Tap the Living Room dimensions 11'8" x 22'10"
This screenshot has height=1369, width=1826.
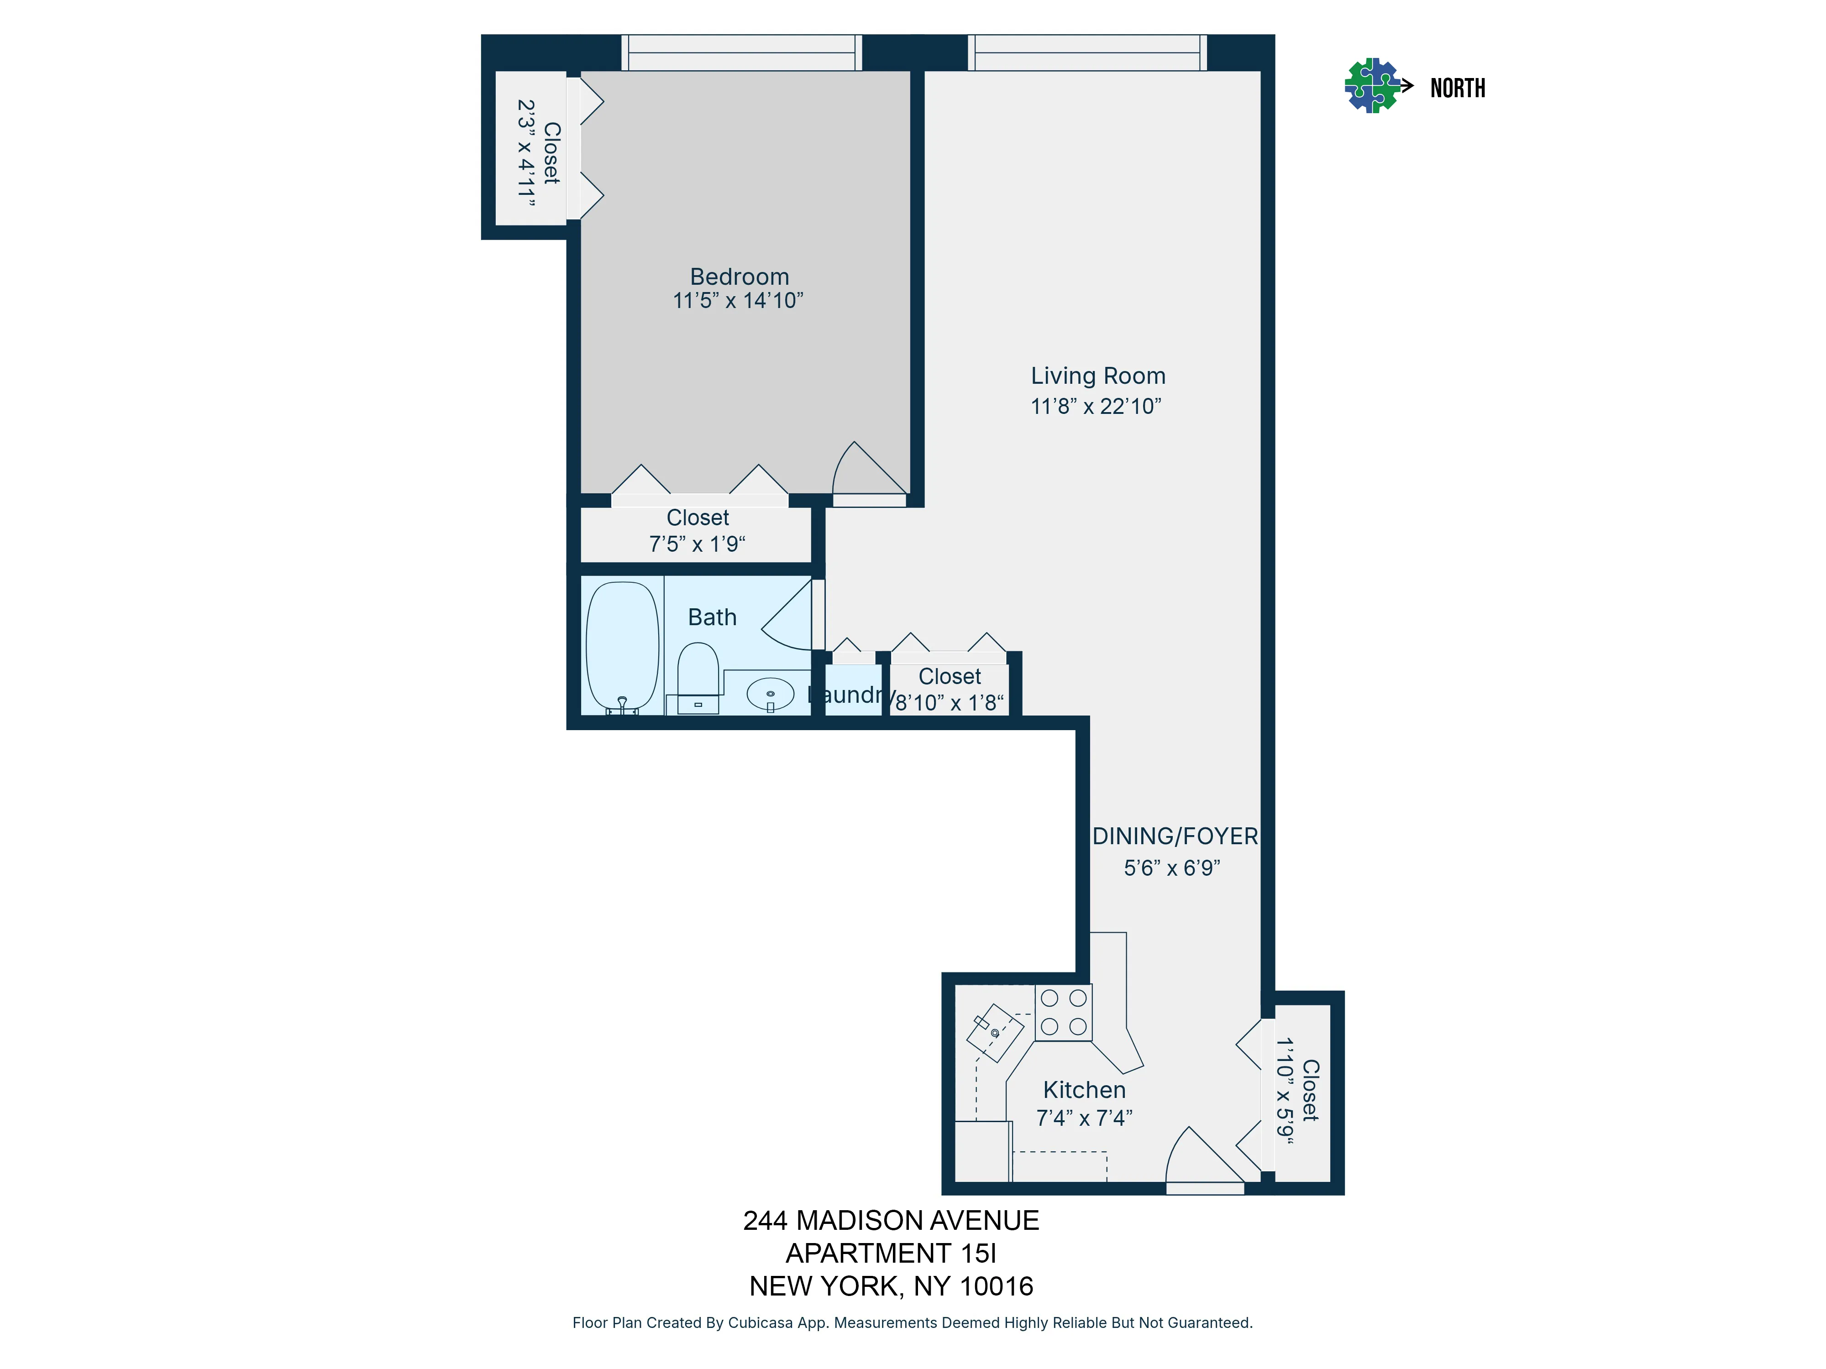pos(1096,406)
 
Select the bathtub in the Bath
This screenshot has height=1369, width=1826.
pos(622,646)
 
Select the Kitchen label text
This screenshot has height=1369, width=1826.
pos(1084,1090)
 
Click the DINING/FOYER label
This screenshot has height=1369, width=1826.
pos(1175,836)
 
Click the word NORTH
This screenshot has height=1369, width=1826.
pos(1457,88)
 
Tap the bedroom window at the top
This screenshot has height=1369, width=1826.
pos(741,53)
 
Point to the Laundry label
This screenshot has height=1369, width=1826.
pos(850,695)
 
